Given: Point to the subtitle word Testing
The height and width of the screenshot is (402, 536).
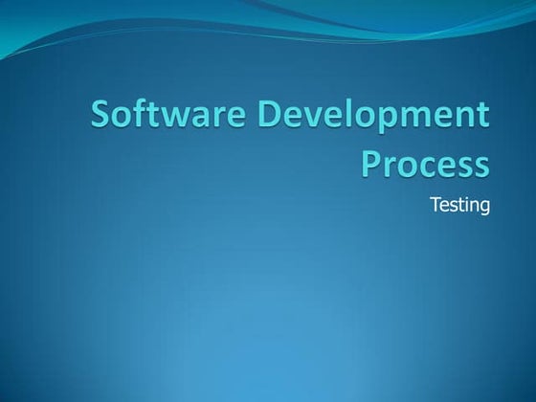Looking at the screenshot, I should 459,204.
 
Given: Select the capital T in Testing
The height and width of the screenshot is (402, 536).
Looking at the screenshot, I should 435,203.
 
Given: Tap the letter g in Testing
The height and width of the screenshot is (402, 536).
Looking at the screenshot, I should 483,207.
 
